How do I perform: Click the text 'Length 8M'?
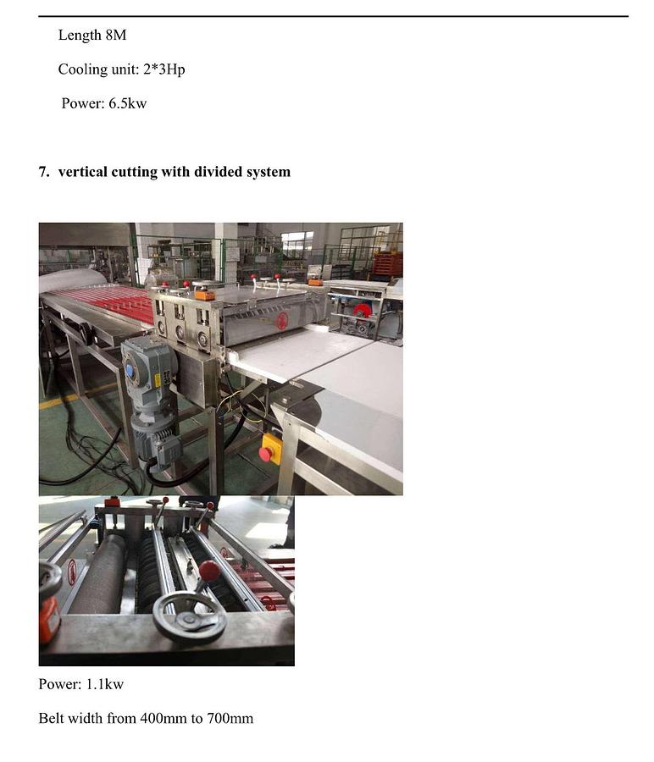pos(91,36)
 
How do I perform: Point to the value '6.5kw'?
pos(127,103)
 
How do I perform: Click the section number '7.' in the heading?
pos(44,172)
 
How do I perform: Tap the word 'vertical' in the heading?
pos(82,172)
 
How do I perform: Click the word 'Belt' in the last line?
pos(52,718)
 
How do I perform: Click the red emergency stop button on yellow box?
pos(266,454)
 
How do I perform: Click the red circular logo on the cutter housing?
pos(281,320)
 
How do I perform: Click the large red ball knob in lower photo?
pos(209,570)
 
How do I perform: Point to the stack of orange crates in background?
pos(387,264)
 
